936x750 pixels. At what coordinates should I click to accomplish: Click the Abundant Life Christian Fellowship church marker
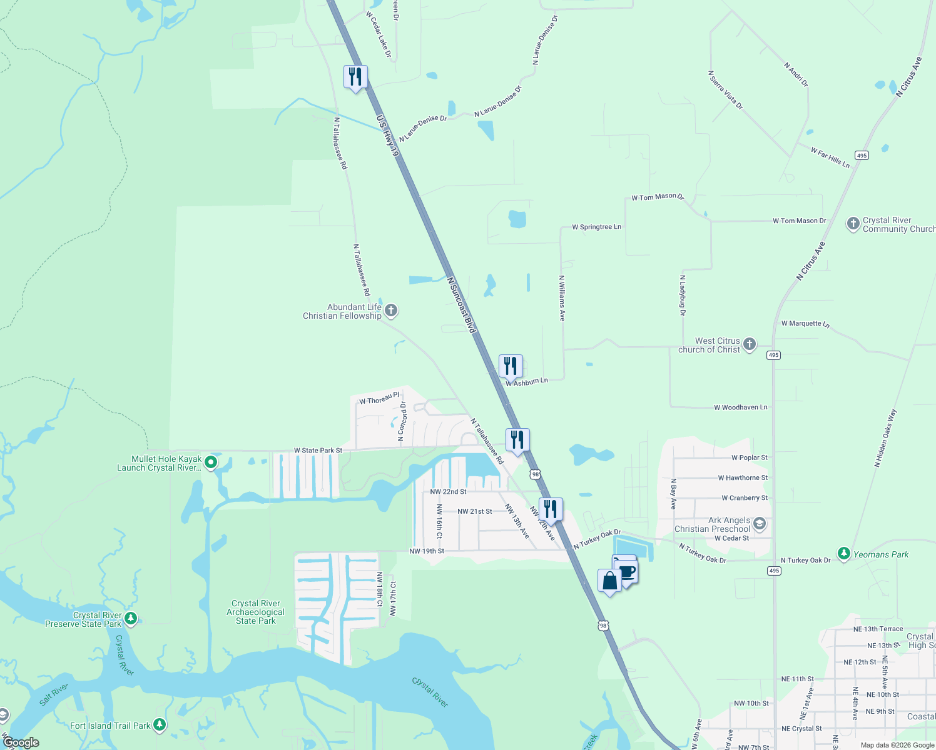(391, 311)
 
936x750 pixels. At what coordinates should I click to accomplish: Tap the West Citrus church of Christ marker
(750, 344)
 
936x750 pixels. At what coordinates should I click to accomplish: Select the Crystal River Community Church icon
(853, 224)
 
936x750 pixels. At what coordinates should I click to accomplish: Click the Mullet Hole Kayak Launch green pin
(211, 462)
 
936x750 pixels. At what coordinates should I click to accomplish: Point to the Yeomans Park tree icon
(844, 554)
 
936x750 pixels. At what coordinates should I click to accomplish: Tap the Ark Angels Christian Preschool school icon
(760, 524)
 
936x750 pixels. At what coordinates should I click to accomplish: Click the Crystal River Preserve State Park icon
(131, 619)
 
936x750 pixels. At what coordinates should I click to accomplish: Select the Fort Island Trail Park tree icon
(160, 725)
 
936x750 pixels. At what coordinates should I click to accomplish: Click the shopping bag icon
(609, 582)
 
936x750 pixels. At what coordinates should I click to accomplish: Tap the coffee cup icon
(627, 571)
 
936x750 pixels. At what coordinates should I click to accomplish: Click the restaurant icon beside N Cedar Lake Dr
(355, 77)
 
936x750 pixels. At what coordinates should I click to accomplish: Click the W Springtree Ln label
(596, 227)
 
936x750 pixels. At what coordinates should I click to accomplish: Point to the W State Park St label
(318, 450)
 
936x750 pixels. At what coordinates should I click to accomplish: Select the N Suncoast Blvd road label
(462, 306)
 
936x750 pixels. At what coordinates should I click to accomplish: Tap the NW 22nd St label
(448, 492)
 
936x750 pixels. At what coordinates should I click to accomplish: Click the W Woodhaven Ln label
(741, 407)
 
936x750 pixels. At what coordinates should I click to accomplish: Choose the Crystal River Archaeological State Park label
(255, 612)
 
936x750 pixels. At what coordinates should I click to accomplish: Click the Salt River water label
(53, 694)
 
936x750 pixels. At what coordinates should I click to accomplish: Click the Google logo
(21, 742)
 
